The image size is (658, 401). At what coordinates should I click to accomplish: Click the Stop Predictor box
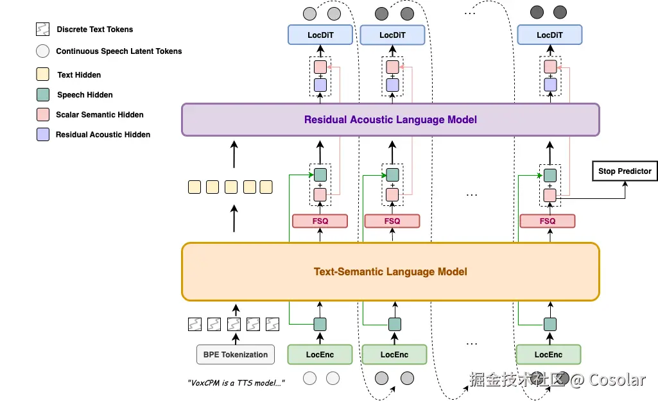625,171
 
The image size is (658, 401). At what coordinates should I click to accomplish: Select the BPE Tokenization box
236,354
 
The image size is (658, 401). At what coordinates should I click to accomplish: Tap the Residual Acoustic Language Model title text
390,119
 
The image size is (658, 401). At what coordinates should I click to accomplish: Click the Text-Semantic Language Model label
390,272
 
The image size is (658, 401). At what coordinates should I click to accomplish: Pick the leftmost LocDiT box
320,35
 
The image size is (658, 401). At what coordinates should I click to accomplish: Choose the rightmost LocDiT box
550,35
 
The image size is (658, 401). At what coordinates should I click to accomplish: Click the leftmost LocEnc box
320,354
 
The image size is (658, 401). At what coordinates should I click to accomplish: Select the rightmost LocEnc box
548,354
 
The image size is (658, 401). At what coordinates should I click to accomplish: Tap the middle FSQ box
392,221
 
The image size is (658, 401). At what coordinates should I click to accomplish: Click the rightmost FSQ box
547,221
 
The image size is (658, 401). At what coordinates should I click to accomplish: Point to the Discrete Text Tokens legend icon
43,29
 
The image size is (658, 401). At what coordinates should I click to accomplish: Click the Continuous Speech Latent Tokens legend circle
43,51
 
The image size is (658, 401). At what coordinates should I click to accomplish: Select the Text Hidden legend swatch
43,74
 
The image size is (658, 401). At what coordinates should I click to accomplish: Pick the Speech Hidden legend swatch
43,94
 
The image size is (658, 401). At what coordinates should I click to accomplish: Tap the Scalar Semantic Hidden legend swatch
43,114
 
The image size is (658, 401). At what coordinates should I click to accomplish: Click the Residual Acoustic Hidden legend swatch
43,134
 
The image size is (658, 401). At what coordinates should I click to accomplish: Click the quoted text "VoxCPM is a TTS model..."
236,382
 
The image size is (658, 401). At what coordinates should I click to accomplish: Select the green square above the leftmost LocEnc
320,324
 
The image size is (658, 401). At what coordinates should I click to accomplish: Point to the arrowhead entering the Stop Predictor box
625,183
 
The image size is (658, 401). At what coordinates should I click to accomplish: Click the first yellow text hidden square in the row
195,187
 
